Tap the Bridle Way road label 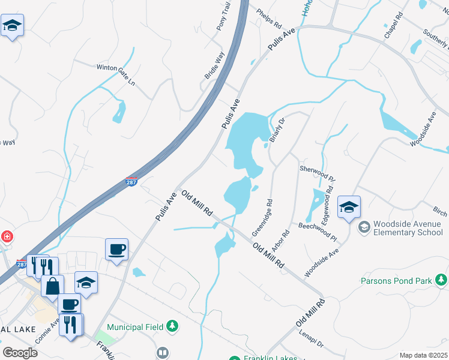(x=214, y=65)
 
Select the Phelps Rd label (x=269, y=19)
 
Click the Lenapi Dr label (x=312, y=343)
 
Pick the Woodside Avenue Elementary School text (x=408, y=228)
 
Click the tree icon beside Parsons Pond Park (x=442, y=280)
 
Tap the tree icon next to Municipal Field (x=173, y=326)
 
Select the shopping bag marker (x=53, y=285)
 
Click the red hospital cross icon (x=7, y=236)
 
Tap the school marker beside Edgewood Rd (x=349, y=208)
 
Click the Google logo (x=20, y=353)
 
